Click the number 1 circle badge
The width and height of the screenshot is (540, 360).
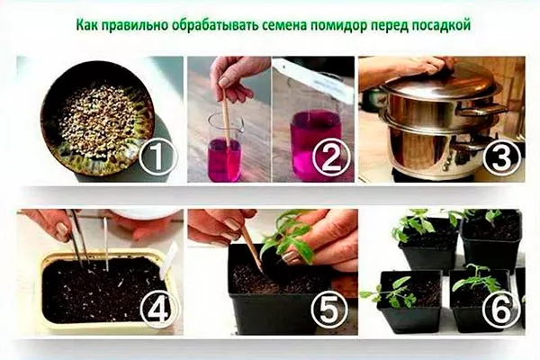(157, 157)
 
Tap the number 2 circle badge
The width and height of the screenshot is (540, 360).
(331, 157)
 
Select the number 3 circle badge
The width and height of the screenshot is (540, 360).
(501, 157)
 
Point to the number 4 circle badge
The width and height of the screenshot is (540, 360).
(157, 309)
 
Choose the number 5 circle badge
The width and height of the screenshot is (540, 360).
(329, 309)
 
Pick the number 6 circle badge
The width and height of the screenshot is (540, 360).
(500, 309)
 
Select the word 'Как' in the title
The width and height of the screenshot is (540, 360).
(86, 26)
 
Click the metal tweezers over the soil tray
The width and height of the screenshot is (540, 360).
(81, 238)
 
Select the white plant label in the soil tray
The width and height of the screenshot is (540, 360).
(169, 260)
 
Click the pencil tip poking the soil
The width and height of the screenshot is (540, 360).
(263, 271)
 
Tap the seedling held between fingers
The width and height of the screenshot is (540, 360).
(288, 238)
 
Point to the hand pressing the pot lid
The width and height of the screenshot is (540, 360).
(414, 67)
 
